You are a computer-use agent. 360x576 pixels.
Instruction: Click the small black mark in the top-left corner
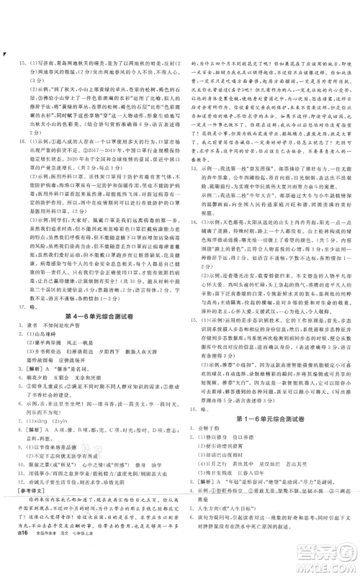pos(6,55)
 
